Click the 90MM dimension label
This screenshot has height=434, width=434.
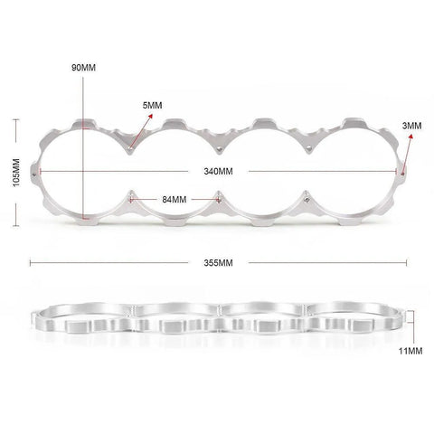point(83,68)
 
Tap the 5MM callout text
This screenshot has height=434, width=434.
point(152,106)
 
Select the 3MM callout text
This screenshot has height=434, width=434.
point(411,126)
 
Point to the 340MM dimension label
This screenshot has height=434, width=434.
point(218,172)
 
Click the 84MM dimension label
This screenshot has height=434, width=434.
point(175,200)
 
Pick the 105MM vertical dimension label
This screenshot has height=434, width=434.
point(16,173)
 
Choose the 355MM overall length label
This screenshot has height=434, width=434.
point(218,263)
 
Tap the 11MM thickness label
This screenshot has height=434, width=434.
point(410,351)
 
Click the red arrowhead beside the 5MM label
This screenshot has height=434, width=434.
point(150,117)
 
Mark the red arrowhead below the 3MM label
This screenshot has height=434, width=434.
point(410,137)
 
